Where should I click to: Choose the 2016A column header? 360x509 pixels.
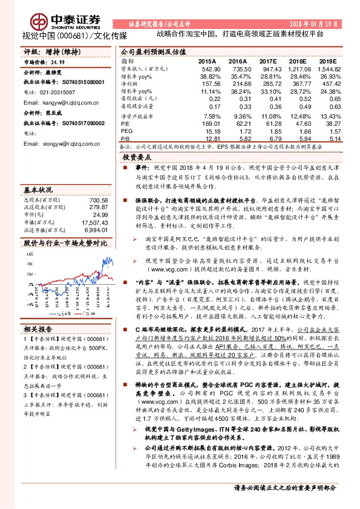pyautogui.click(x=237, y=62)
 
